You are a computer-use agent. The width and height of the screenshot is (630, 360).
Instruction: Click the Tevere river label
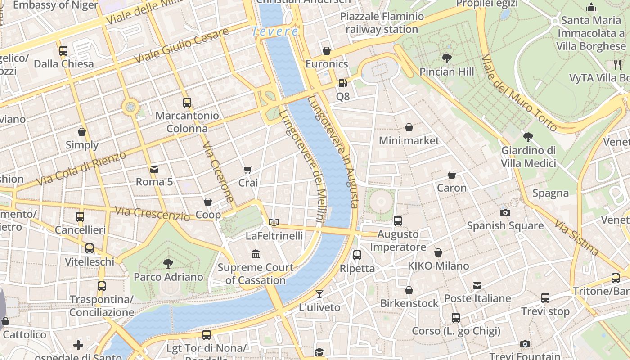(274, 31)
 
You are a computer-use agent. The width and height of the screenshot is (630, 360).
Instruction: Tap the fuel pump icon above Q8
(342, 83)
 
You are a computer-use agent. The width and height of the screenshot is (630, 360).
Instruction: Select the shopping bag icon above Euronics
(327, 51)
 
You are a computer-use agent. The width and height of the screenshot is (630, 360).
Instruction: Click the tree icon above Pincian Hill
(446, 58)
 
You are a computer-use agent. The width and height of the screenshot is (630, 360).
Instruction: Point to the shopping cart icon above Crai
(247, 170)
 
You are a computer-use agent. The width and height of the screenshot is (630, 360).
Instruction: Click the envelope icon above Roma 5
(154, 169)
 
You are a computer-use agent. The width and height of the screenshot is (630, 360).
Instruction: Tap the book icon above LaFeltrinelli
(274, 222)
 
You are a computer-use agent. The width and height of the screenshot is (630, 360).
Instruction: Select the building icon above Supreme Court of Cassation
(256, 254)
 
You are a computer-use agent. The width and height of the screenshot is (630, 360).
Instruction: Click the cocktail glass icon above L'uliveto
(319, 294)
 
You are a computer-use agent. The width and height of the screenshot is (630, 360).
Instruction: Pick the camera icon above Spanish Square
(505, 212)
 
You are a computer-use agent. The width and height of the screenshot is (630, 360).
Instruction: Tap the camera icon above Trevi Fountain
(525, 344)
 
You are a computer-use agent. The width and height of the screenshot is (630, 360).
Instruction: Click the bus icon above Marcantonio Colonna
(187, 103)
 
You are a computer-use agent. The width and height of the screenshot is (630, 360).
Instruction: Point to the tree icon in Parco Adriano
(168, 263)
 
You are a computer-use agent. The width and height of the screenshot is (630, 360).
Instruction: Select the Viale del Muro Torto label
(519, 93)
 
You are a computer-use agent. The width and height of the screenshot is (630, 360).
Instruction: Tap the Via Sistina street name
(576, 237)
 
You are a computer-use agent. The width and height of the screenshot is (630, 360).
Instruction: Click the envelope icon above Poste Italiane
(477, 286)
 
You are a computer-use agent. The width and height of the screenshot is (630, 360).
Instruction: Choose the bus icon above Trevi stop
(545, 298)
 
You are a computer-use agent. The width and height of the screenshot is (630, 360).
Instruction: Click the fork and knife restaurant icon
(617, 64)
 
